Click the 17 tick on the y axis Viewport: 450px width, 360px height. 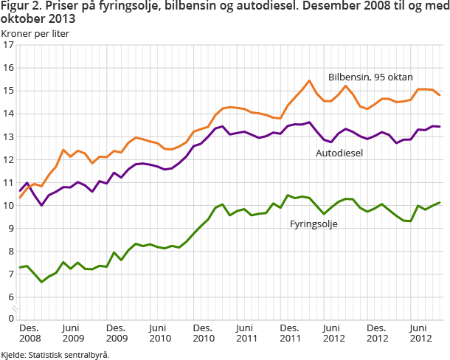coord(9,45)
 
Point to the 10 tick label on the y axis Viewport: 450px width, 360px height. coord(9,205)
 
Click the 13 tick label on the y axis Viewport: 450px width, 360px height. coord(9,136)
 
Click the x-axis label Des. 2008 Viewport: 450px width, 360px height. coord(29,333)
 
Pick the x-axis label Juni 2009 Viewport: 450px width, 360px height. coord(72,333)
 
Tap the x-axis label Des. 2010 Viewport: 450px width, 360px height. coord(203,333)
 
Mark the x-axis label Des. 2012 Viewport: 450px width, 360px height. coord(377,333)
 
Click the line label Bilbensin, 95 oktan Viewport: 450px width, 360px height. coord(370,77)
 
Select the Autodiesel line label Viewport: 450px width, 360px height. coord(341,154)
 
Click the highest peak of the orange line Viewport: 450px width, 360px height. coord(309,80)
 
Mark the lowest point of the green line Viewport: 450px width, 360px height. coord(42,282)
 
